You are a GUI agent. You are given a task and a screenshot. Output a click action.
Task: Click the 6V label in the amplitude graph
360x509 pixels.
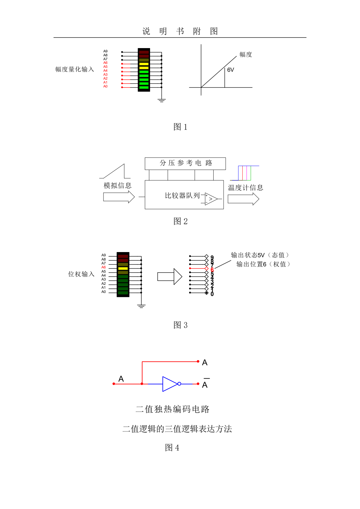point(231,70)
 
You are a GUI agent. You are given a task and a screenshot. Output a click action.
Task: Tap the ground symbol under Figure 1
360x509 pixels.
point(162,100)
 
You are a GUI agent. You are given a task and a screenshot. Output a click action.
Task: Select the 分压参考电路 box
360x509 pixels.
point(185,163)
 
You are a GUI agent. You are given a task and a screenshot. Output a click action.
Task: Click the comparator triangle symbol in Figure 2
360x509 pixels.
point(211,199)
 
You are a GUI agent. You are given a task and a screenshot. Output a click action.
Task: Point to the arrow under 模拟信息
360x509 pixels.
point(119,197)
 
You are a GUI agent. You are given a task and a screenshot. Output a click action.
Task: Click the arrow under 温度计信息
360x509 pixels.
point(243,199)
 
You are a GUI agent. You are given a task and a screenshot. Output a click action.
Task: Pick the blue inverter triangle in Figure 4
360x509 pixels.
point(170,384)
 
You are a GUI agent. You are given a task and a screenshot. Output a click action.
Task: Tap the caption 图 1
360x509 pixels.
point(180,127)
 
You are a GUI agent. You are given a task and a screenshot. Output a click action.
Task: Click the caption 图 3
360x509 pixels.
point(180,325)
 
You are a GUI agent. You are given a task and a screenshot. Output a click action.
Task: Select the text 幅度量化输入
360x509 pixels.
point(75,70)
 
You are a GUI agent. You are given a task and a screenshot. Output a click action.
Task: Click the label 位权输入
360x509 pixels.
point(81,274)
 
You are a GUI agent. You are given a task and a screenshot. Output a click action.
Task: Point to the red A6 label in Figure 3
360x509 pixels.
point(103,268)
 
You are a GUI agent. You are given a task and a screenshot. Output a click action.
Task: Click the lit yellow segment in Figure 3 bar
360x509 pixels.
point(123,268)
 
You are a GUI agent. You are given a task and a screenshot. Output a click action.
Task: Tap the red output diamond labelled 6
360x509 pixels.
point(207,268)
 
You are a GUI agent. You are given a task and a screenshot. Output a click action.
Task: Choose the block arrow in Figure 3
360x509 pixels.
point(169,277)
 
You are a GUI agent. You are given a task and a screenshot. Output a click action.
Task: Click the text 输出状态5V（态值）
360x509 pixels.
point(260,255)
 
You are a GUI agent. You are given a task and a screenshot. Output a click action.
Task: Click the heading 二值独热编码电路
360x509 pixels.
point(172,409)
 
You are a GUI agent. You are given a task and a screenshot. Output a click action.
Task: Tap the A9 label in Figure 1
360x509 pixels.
point(105,51)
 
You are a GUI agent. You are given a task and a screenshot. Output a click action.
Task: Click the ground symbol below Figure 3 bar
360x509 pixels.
point(141,306)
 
